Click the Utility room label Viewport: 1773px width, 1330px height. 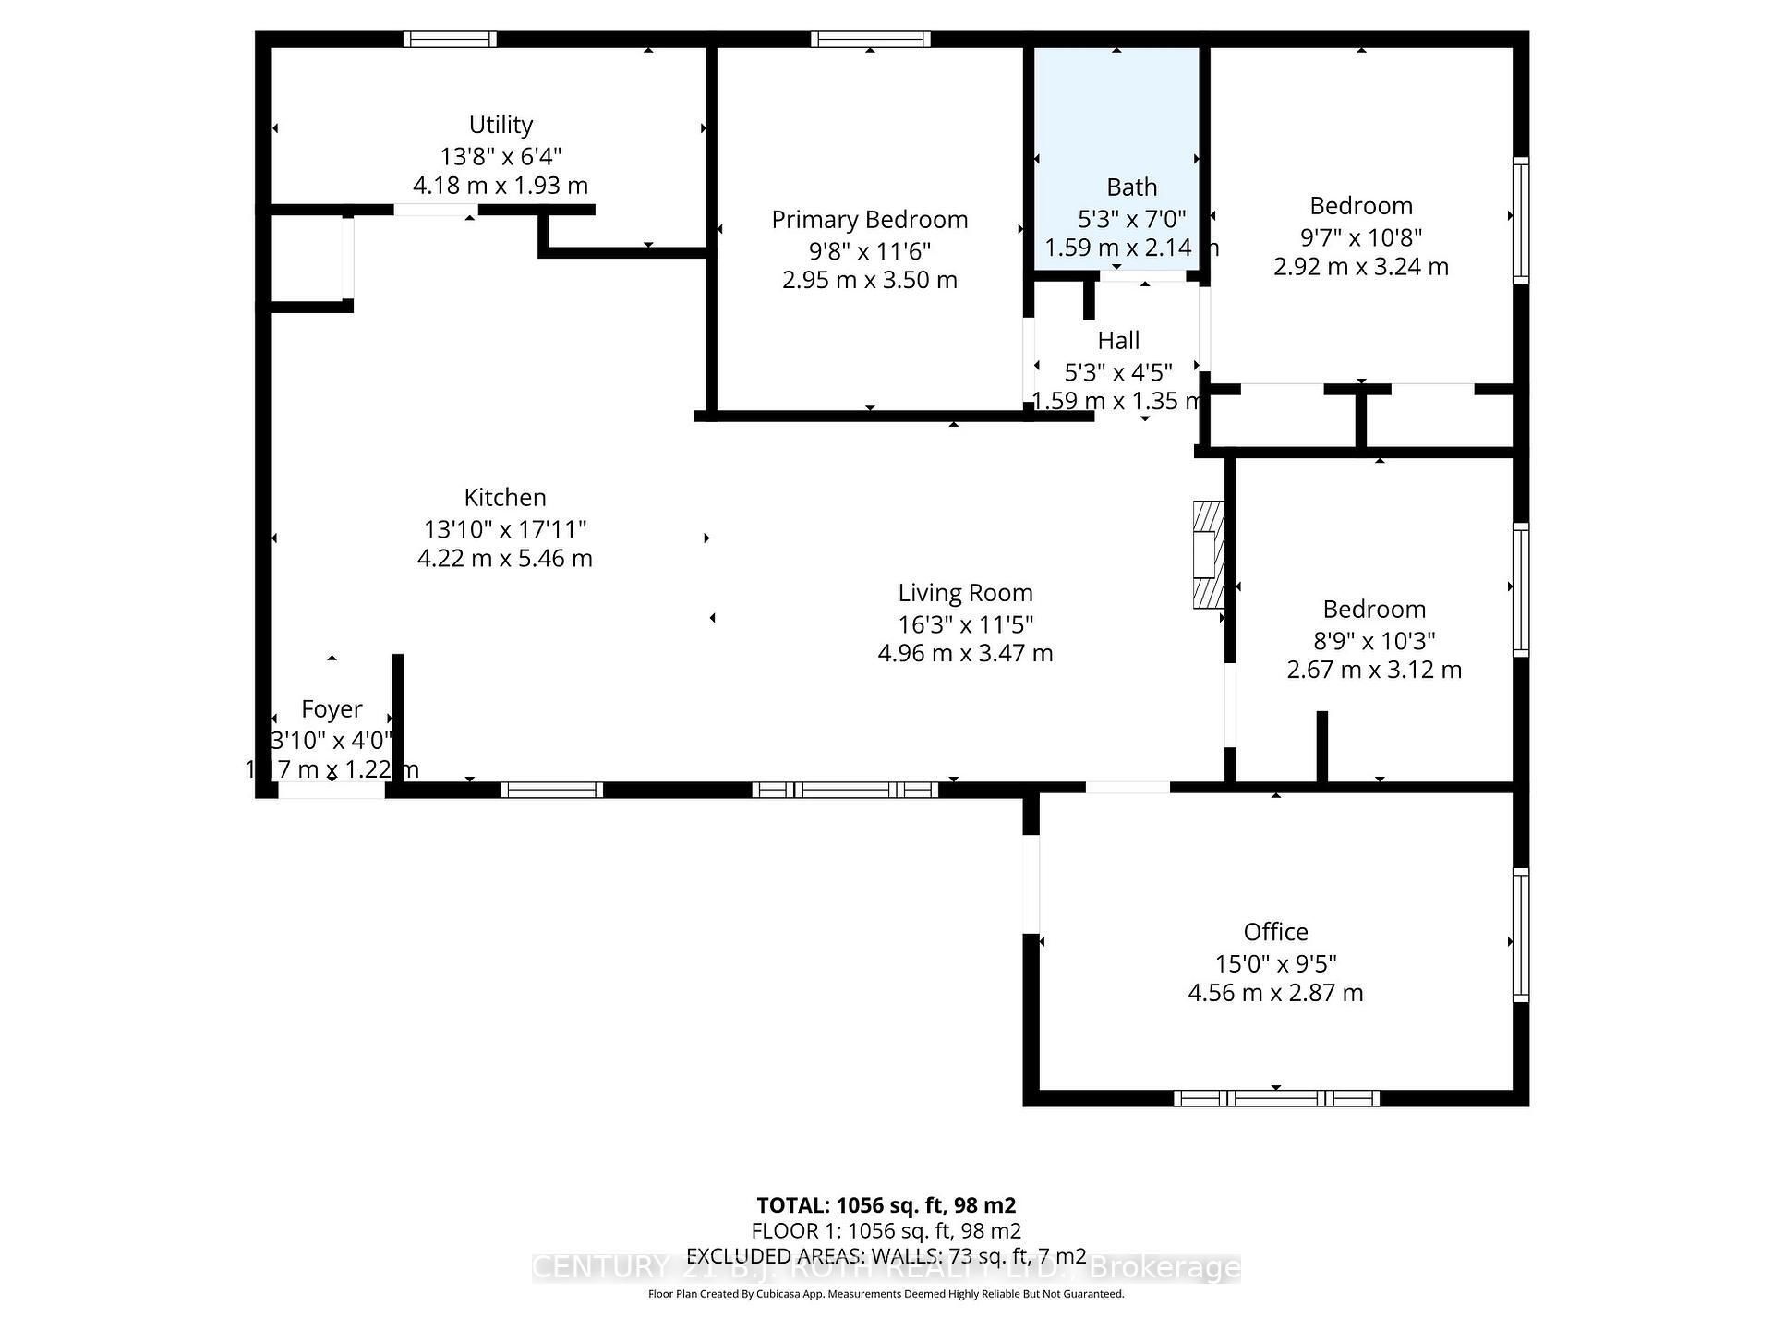(x=501, y=125)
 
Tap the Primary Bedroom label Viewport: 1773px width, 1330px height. (x=869, y=220)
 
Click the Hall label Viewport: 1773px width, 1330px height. (x=1118, y=341)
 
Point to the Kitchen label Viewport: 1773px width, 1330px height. (x=505, y=498)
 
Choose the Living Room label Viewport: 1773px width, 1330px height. (x=965, y=593)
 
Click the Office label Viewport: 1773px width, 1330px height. (x=1275, y=932)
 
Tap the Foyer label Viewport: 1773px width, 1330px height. (x=332, y=709)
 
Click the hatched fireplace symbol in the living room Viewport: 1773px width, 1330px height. (x=1208, y=554)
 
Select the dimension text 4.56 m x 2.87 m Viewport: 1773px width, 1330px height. (x=1275, y=993)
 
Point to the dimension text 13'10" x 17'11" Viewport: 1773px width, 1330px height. (x=505, y=529)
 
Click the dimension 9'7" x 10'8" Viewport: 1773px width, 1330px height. (x=1361, y=237)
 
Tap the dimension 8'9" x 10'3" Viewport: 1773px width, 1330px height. (x=1374, y=640)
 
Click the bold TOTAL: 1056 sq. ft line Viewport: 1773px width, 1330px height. (x=886, y=1205)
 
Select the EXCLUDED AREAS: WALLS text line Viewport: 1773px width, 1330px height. (x=886, y=1256)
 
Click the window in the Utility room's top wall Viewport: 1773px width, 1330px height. (x=450, y=39)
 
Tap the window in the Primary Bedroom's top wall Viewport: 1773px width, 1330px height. (x=870, y=39)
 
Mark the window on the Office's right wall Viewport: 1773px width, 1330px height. (x=1520, y=934)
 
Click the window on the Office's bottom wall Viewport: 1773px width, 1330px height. (x=1276, y=1098)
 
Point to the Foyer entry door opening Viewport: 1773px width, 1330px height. (x=332, y=791)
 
